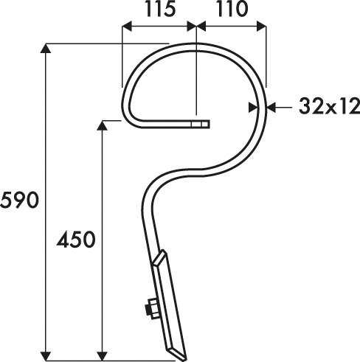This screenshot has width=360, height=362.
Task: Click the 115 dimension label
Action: coord(161,10)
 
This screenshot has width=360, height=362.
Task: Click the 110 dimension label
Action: coord(232,10)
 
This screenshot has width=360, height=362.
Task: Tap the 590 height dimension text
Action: coord(20,201)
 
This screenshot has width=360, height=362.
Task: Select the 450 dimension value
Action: coord(76,239)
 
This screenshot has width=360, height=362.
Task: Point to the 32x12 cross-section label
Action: coord(329,107)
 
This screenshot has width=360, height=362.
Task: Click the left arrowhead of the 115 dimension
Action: coord(127,27)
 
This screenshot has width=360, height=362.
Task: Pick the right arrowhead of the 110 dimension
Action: coord(261,27)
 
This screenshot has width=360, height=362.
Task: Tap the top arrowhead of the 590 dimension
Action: coord(45,49)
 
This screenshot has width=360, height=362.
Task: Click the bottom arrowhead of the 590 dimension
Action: coord(45,356)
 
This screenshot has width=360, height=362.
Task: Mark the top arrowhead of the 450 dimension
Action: coord(103,125)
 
